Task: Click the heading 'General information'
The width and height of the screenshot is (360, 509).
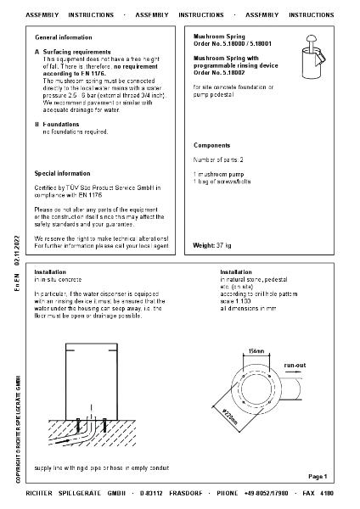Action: [64, 38]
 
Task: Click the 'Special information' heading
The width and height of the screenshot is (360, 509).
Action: [62, 172]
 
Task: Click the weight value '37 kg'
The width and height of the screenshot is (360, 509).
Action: [223, 245]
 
